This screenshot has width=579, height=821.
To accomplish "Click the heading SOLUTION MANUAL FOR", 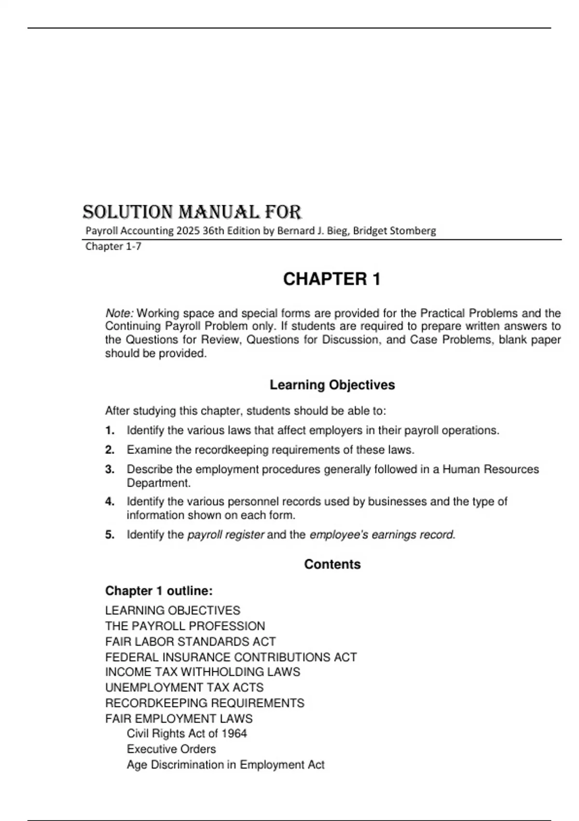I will [x=192, y=212].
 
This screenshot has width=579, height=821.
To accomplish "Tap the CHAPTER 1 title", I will [x=332, y=279].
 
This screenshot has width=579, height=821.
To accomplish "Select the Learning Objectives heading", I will [x=332, y=385].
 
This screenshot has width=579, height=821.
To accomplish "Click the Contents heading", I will [x=332, y=564].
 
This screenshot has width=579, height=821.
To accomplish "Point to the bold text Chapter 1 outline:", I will [x=159, y=591].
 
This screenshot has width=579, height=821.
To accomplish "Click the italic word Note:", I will [x=119, y=313].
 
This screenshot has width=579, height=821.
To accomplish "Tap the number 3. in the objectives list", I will [x=110, y=469].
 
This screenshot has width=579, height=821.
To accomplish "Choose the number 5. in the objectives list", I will [x=110, y=535].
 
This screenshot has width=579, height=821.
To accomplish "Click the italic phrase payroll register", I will [x=225, y=535].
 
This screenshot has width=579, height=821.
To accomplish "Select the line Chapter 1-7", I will [x=113, y=246].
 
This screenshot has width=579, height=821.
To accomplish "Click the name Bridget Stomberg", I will [x=394, y=231].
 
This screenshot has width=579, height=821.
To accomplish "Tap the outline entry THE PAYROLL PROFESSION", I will [x=185, y=626].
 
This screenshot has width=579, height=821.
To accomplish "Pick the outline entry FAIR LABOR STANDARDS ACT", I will [x=190, y=641].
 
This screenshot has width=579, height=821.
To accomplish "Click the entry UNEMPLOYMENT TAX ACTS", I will [x=184, y=687].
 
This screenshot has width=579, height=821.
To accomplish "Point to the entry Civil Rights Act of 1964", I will [x=187, y=734].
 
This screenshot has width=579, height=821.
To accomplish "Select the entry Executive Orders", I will [x=171, y=749].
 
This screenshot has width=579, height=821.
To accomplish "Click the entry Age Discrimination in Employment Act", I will [x=225, y=764].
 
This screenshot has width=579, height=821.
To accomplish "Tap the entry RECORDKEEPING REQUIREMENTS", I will [x=205, y=703].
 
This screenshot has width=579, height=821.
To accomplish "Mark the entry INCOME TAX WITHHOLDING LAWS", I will [x=202, y=672].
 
